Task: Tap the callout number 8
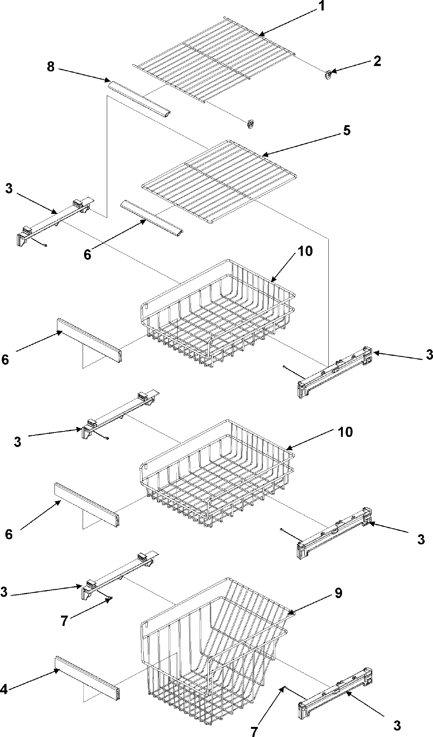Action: click(x=51, y=67)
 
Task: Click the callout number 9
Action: click(x=338, y=593)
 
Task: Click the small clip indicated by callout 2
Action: click(x=328, y=74)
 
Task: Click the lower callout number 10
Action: click(x=345, y=432)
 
